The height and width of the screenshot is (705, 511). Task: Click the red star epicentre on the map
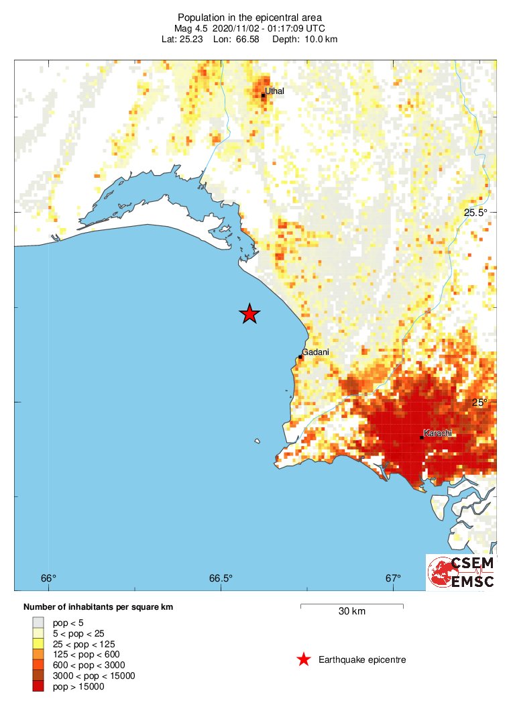coord(249,313)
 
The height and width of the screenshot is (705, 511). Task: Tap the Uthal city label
coord(274,91)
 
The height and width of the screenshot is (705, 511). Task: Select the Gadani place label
coord(315,351)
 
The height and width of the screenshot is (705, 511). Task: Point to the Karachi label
coord(439,433)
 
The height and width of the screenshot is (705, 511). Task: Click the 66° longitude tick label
coord(48,578)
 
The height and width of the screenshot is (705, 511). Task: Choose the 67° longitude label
coord(393,578)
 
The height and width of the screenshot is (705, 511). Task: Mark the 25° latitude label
coord(481,402)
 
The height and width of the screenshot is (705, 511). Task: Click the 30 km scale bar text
coord(351,611)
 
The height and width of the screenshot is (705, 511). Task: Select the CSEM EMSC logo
coord(461,572)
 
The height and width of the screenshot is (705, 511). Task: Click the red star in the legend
coord(304,660)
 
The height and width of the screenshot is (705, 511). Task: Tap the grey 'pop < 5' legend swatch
coord(39,622)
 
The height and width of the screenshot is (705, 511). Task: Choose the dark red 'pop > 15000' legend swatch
coord(39,686)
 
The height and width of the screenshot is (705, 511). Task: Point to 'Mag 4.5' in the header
coord(192,28)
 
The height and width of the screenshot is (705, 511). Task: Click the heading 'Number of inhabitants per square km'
coord(99,607)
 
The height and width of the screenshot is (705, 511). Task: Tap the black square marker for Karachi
coord(421,437)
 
